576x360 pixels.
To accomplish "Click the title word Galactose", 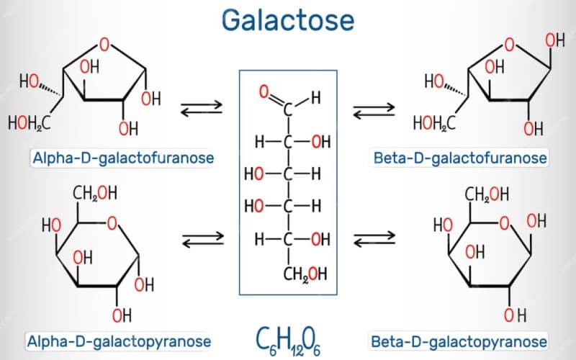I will (x=288, y=19).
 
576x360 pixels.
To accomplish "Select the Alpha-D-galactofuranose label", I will (x=122, y=157).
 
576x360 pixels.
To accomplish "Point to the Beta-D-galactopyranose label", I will (x=459, y=341).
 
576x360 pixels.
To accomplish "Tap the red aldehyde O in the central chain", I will (x=264, y=91).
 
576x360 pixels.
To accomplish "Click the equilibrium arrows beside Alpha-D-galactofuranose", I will (x=201, y=109).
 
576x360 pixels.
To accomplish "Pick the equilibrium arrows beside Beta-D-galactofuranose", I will (x=374, y=109).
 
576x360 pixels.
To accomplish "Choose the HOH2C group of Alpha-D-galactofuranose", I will (x=29, y=124).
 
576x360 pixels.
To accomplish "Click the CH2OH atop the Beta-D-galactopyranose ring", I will (x=487, y=194).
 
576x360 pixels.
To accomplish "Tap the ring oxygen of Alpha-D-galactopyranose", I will (x=112, y=225).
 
